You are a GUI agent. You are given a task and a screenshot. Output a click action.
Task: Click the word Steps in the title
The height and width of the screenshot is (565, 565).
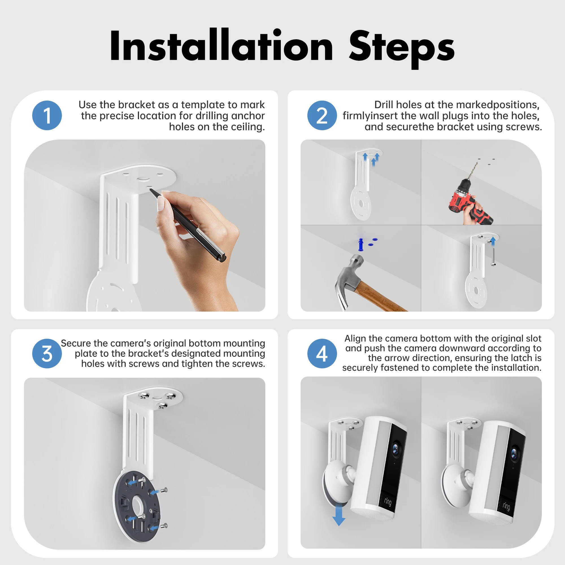click(401, 48)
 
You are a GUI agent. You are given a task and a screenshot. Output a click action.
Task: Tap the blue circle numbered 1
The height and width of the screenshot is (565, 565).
click(47, 115)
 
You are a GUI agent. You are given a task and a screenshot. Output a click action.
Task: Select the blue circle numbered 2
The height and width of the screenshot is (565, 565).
click(322, 115)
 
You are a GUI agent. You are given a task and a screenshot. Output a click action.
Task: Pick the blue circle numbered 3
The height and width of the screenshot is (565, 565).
click(47, 353)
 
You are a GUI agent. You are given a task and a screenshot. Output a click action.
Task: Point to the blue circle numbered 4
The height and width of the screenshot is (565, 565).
click(322, 353)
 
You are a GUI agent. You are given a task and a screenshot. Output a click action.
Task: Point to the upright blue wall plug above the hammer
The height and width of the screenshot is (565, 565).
click(360, 244)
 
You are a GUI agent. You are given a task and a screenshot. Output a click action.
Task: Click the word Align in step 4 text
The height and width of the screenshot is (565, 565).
click(355, 338)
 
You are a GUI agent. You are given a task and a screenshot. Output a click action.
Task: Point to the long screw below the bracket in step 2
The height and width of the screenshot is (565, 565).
click(493, 256)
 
